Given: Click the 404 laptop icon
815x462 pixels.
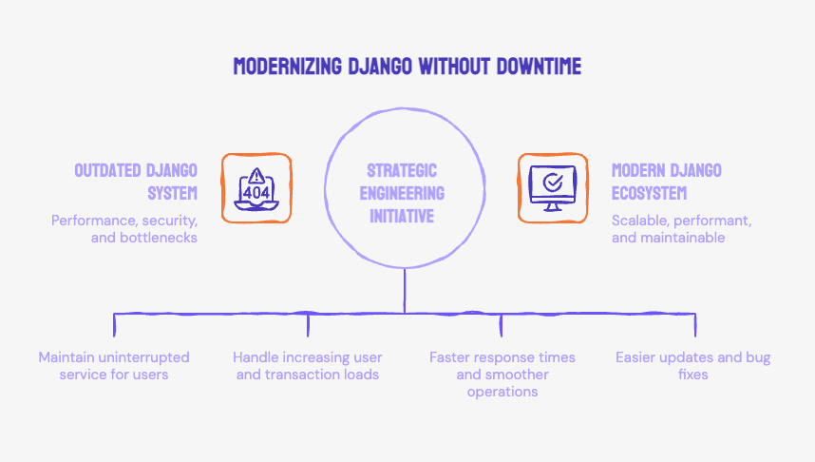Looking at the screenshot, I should (256, 188).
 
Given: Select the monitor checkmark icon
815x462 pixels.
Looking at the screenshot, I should (552, 188).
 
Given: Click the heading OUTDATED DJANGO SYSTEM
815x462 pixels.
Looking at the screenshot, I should (136, 181).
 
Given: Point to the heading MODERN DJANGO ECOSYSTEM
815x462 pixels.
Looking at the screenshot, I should (667, 181).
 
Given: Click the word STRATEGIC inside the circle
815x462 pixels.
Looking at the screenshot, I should (402, 170).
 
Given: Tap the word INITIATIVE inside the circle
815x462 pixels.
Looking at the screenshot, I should (402, 216).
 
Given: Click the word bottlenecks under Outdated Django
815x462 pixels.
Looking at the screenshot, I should (160, 238).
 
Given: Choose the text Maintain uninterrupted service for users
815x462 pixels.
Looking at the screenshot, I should (114, 366).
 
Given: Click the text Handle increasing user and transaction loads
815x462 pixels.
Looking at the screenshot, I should (307, 366).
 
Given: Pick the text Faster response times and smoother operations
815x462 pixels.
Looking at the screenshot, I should (502, 375).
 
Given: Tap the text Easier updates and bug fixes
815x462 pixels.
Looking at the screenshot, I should (692, 366).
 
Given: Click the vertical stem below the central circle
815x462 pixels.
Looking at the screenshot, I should (405, 290).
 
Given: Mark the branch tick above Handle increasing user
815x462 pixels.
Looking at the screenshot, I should (309, 325).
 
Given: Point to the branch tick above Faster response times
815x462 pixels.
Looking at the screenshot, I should (502, 325).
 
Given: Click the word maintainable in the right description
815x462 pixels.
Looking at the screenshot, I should (684, 238).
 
